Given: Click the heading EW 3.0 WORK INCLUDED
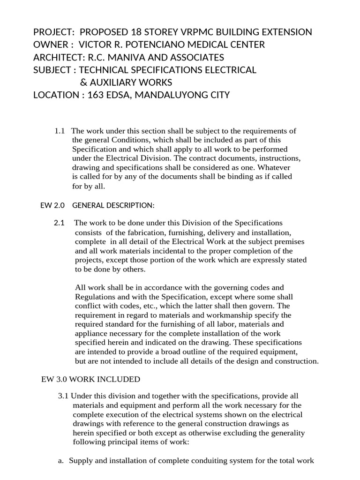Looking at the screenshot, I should click(90, 379).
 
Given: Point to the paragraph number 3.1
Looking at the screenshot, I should click(63, 396).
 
